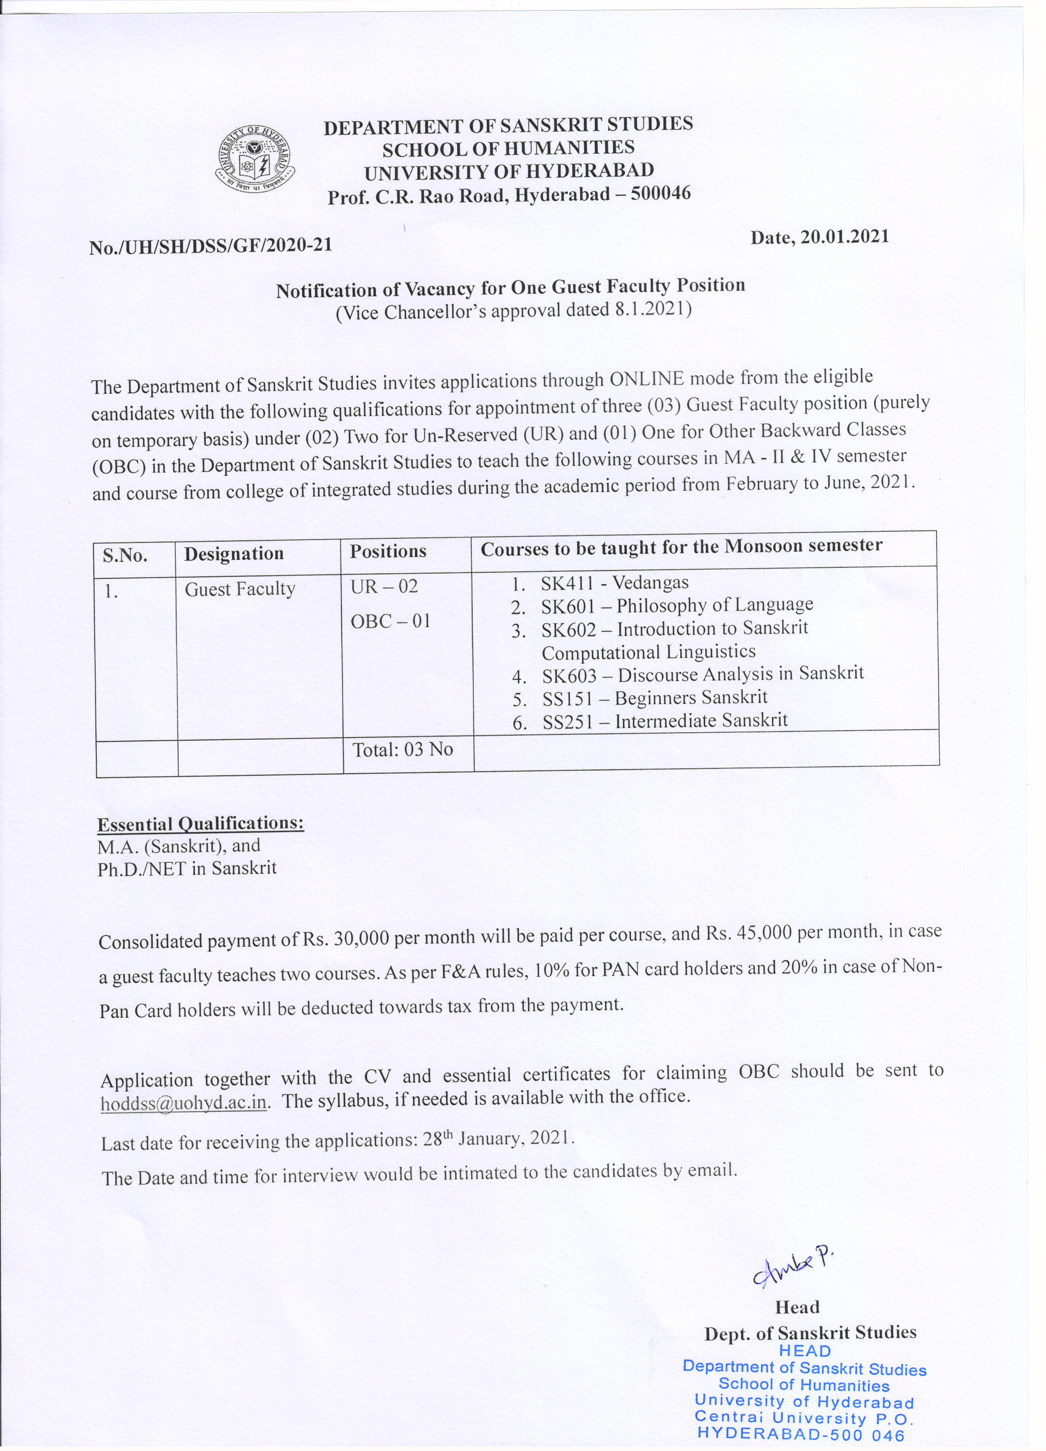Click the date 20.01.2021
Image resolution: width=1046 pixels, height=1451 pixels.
point(820,237)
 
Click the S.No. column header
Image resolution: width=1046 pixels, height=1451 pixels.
point(125,555)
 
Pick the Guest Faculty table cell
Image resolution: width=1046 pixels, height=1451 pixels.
point(240,589)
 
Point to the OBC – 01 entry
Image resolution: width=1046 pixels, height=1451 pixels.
point(390,621)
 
